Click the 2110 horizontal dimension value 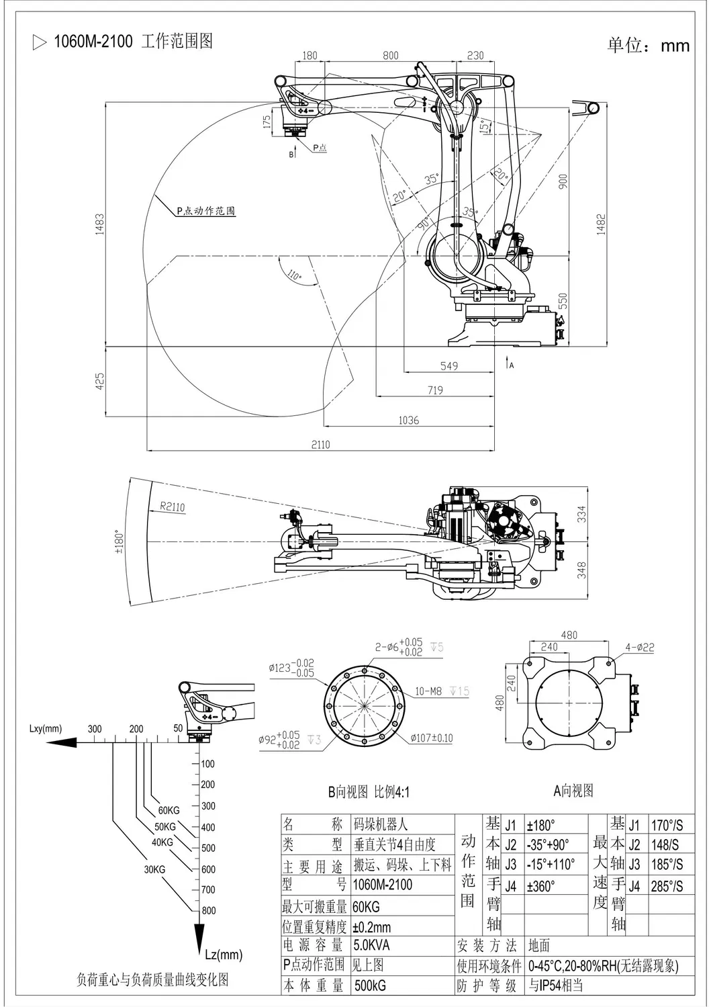point(320,444)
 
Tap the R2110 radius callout point(172,507)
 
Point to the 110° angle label point(293,275)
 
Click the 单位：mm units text point(648,45)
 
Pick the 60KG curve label point(169,810)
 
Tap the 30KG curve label point(154,869)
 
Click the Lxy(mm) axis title point(46,728)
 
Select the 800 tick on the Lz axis point(209,910)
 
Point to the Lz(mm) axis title point(222,954)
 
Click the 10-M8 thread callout point(428,691)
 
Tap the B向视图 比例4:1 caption point(368,792)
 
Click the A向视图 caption point(573,791)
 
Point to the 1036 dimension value point(408,420)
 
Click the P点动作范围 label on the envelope point(206,210)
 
